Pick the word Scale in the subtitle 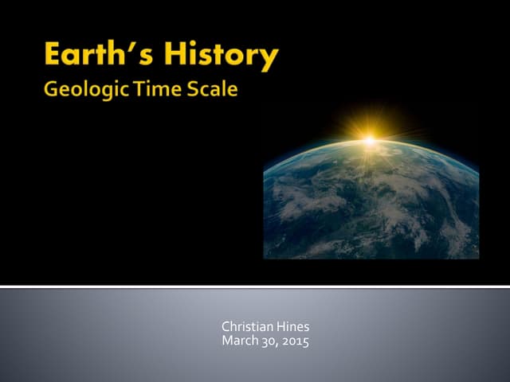pyautogui.click(x=212, y=88)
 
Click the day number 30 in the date pyautogui.click(x=267, y=341)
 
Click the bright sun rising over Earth pyautogui.click(x=370, y=141)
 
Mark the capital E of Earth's pyautogui.click(x=53, y=56)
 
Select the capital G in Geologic pyautogui.click(x=52, y=88)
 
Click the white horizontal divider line pyautogui.click(x=255, y=285)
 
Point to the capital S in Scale pyautogui.click(x=194, y=88)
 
